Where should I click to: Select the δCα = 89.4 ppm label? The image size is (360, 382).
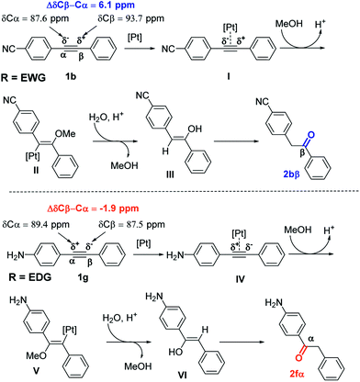[x=32, y=214]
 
